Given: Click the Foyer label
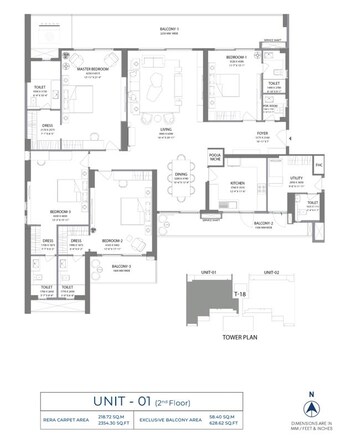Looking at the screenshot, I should coord(262,130).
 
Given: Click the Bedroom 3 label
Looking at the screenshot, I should coord(62,212).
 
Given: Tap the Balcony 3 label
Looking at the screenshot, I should coord(121,267).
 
